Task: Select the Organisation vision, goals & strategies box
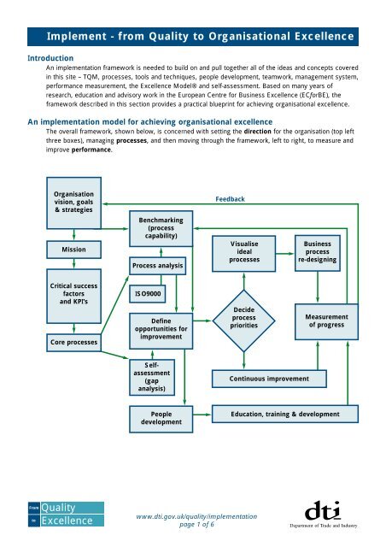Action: (x=73, y=200)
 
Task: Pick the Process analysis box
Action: (x=161, y=266)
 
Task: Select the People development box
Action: (x=161, y=419)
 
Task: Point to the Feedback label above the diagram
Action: (x=230, y=199)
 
